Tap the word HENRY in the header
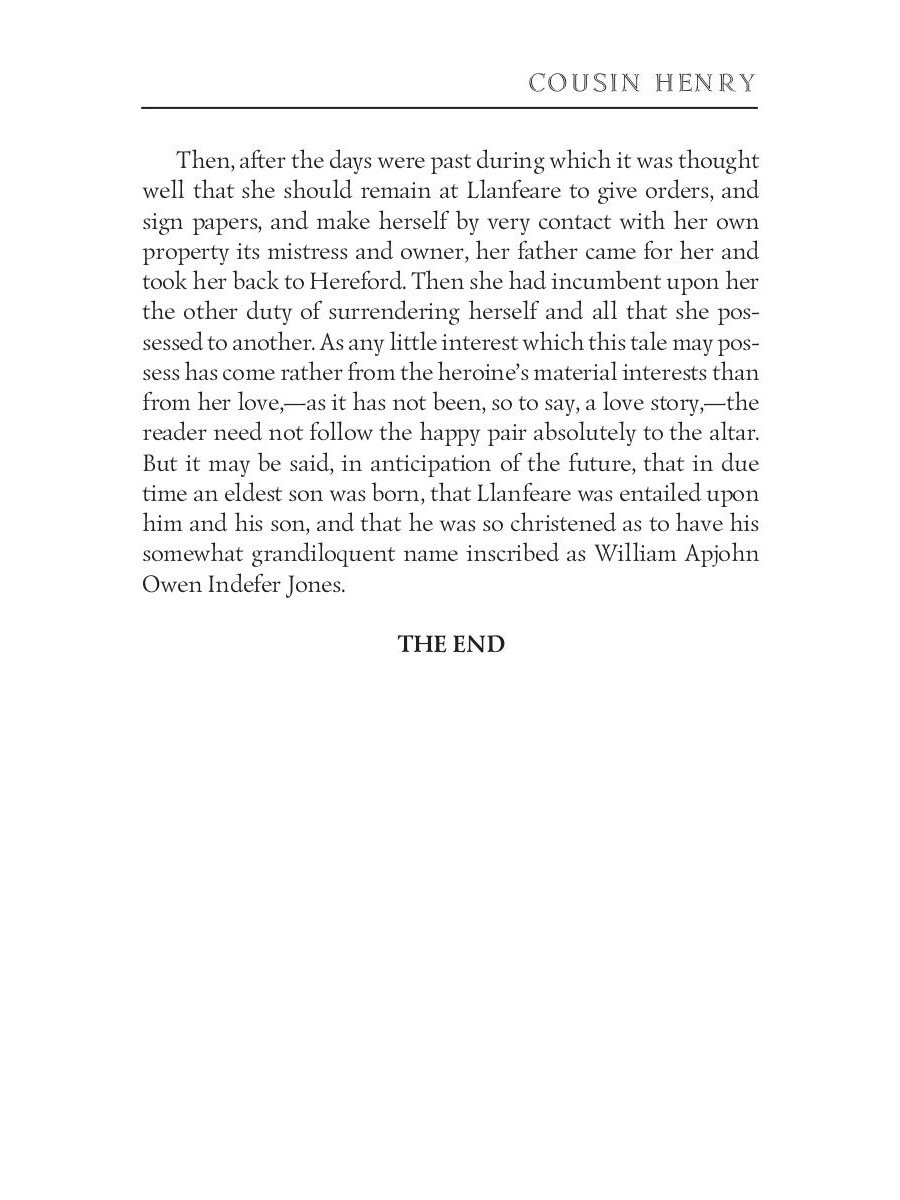point(706,83)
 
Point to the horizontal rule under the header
point(449,106)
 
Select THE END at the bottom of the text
point(451,645)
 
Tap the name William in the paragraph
point(643,555)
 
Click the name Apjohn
point(726,555)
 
